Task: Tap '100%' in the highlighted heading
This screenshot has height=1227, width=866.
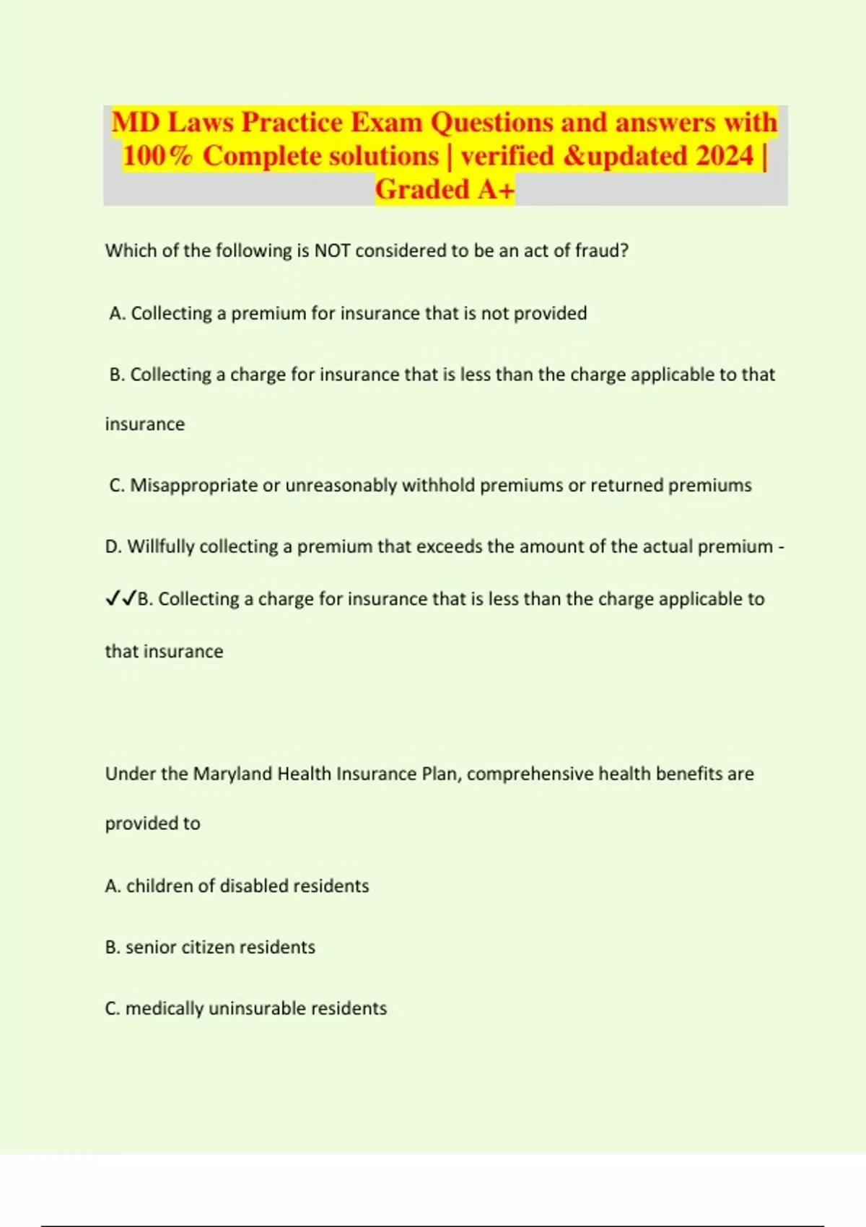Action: click(157, 156)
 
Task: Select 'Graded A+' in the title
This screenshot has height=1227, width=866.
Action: click(445, 189)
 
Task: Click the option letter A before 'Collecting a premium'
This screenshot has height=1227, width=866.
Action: click(116, 313)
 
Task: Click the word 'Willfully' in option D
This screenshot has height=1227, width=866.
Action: click(161, 546)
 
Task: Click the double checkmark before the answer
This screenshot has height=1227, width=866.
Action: click(121, 598)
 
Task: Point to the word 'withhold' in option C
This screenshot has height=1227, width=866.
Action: click(438, 485)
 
